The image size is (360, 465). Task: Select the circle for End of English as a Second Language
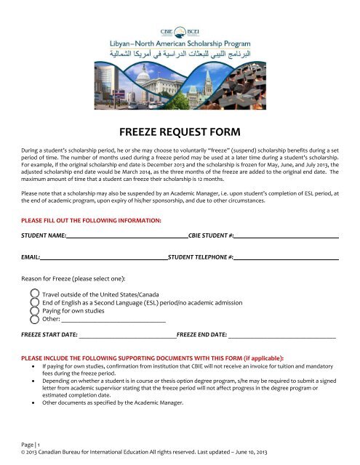tap(34, 302)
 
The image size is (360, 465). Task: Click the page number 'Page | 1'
tap(31, 444)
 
